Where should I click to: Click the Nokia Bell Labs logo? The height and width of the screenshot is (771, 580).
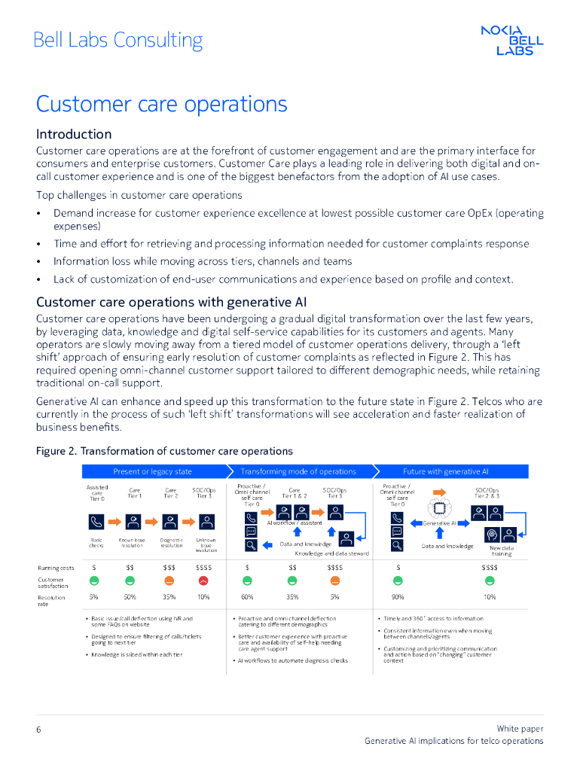coord(512,40)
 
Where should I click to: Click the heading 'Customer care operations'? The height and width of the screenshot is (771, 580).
coord(161,103)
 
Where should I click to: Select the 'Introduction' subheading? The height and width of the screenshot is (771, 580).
coord(74,134)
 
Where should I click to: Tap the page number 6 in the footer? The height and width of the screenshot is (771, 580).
coord(38,730)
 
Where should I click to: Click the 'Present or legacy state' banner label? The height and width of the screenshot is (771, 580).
coord(152,471)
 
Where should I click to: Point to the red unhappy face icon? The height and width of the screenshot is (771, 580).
coord(203,581)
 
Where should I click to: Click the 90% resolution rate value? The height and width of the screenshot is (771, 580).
coord(398,597)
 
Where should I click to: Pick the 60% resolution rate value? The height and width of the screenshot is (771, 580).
coord(247,597)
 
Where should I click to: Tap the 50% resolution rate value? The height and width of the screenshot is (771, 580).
coord(130,597)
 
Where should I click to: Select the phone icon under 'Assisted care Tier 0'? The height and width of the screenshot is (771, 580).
coord(96,521)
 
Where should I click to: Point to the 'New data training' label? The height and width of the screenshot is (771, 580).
coord(501,550)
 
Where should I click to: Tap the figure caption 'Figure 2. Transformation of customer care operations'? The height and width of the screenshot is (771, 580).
coord(164,451)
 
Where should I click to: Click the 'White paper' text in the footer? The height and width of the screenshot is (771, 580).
coord(520,729)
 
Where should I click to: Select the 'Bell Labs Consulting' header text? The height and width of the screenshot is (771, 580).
coord(118,40)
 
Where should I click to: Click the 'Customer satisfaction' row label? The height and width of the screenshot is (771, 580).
coord(53,582)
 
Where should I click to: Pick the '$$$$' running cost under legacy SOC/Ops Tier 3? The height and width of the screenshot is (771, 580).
coord(203,567)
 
